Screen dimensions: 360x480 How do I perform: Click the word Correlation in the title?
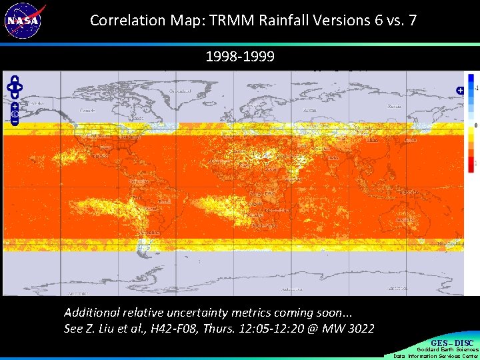[x=124, y=20]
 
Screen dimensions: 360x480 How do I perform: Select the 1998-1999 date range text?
[x=239, y=57]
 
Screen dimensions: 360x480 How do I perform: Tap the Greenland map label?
[x=180, y=91]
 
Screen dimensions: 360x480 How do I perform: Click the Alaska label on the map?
[x=38, y=103]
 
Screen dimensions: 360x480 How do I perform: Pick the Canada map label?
[x=87, y=110]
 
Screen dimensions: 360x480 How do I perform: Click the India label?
[x=331, y=158]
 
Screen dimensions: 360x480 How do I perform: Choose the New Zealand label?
[x=450, y=244]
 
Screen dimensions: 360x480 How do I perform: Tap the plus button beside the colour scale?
[x=459, y=90]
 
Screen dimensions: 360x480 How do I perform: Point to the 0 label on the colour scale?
[x=475, y=125]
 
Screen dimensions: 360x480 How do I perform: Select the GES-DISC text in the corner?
[x=453, y=343]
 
